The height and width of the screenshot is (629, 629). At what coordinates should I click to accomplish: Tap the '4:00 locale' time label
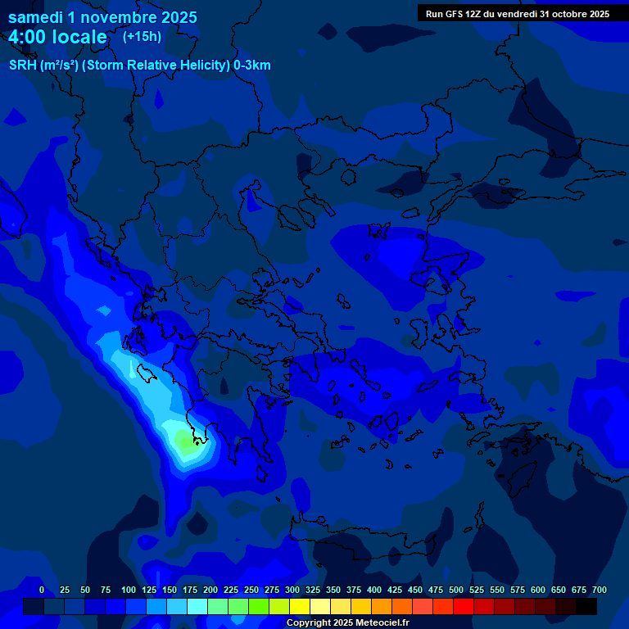pos(57,37)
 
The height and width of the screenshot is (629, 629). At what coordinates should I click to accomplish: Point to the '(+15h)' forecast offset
pos(142,36)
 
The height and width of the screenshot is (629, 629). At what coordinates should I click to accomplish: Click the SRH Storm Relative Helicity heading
pos(139,66)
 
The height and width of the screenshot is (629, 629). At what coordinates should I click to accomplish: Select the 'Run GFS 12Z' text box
pos(517,14)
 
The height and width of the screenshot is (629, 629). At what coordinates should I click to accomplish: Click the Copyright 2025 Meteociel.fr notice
pos(347,623)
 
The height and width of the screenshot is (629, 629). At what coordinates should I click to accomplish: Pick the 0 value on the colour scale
pos(42,591)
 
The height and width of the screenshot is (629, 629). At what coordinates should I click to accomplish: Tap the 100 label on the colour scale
pos(129,591)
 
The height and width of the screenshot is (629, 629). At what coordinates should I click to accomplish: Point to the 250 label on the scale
pos(251,591)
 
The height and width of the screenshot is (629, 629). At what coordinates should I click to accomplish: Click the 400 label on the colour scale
pos(374,591)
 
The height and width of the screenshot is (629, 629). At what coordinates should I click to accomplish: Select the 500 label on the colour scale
pos(456,591)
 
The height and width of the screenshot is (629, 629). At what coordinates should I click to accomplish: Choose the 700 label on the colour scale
pos(599,591)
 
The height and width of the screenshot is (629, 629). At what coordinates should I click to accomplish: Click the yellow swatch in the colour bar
pos(300,606)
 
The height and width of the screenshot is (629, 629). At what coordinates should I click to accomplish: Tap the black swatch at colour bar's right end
pos(586,606)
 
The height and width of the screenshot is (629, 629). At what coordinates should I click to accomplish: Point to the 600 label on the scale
pos(538,591)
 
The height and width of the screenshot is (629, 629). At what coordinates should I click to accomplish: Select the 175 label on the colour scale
pos(190,591)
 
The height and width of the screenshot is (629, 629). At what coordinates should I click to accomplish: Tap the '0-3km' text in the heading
pos(252,66)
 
